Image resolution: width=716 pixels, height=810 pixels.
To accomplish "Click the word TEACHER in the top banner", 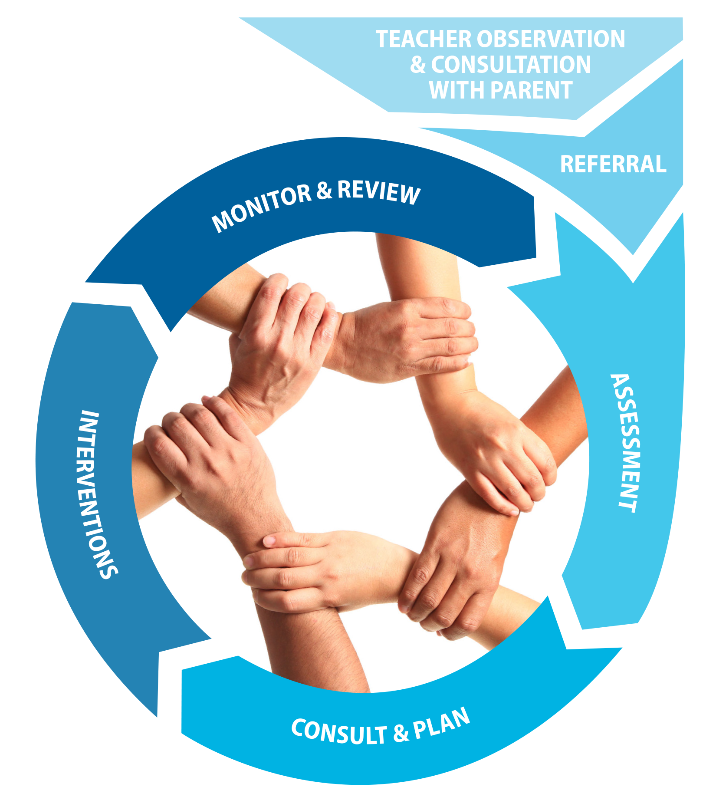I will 423,39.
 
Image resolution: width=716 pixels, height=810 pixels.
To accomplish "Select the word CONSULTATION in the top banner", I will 511,65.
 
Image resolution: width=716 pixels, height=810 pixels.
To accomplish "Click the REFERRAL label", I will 613,164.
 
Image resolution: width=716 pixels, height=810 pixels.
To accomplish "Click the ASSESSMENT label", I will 625,443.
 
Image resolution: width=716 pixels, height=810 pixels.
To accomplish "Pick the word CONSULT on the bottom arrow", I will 339,732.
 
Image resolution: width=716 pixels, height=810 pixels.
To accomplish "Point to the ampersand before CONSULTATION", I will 418,65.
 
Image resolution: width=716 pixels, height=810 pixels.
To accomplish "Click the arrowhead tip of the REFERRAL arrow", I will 634,254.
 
